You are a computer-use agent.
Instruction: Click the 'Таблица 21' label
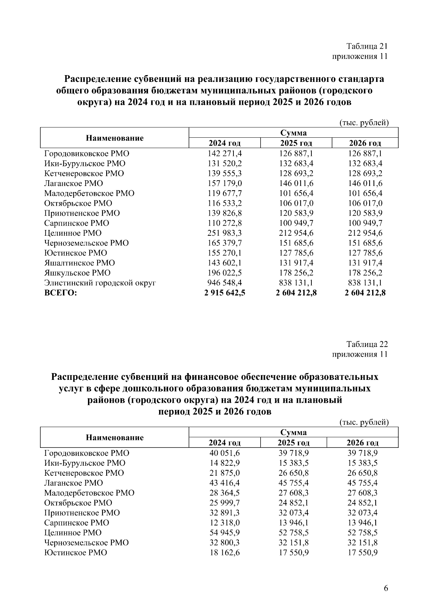point(367,46)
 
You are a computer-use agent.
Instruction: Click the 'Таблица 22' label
point(367,344)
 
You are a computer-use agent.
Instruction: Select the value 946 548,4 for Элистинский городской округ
point(225,283)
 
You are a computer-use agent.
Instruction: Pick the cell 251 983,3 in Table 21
point(225,233)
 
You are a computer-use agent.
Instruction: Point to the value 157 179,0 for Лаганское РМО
point(225,183)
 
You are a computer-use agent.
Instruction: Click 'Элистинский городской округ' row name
point(100,283)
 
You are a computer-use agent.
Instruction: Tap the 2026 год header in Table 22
point(363,443)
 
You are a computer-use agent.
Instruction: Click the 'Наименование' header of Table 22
point(114,437)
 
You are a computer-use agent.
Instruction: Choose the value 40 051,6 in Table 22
point(225,453)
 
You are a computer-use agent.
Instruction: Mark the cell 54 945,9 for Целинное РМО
point(225,533)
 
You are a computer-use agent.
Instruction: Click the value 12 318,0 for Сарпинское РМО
point(225,523)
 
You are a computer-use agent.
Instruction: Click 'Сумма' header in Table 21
point(294,133)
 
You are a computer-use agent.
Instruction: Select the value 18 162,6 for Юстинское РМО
point(225,553)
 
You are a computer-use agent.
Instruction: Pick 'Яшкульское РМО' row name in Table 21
point(77,273)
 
